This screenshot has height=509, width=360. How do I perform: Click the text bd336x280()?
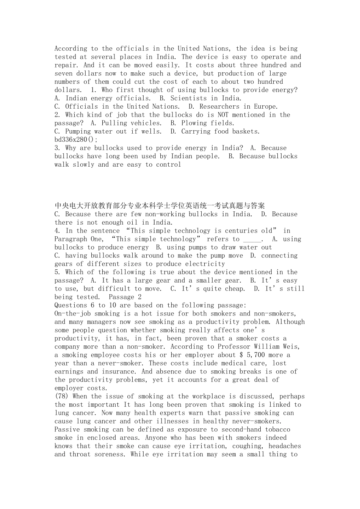76,140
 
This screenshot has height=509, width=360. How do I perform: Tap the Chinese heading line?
160,206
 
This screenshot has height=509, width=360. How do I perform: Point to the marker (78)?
62,396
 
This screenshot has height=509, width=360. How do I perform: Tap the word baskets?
246,131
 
